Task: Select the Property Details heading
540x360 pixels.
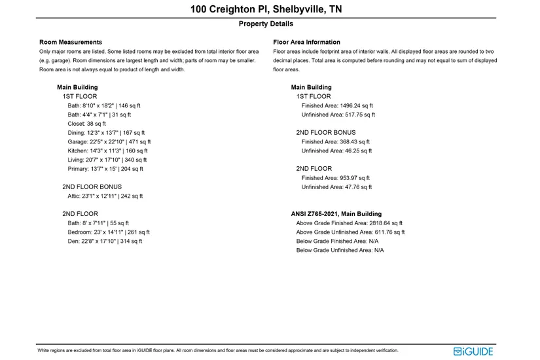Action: point(266,24)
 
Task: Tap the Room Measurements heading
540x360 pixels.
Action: point(71,43)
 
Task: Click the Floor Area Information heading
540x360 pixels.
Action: point(306,43)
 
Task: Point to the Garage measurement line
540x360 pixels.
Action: point(109,141)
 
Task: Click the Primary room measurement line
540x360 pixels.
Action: point(105,169)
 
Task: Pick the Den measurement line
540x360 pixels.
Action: point(105,242)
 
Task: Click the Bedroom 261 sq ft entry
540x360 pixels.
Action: point(108,232)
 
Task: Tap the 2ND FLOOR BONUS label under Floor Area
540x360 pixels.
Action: point(326,132)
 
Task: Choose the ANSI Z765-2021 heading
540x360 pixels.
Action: point(336,214)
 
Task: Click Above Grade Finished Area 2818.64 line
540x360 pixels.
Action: point(349,223)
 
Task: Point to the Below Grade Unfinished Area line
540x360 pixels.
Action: point(340,251)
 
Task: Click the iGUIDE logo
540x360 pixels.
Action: point(473,351)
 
